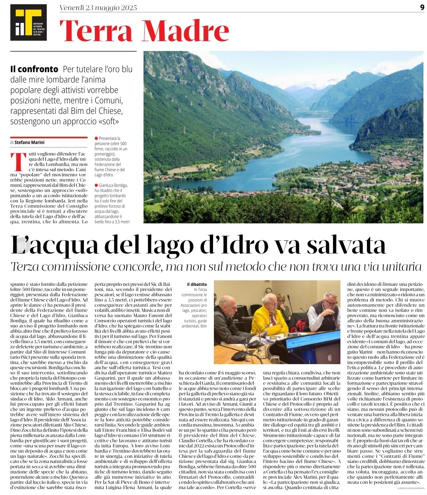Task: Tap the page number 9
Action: (422, 7)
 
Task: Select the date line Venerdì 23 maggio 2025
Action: (98, 8)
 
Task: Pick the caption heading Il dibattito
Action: (197, 284)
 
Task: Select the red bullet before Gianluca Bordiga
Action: (96, 185)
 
